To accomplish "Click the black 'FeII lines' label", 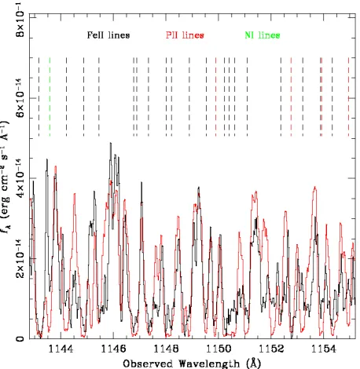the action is coord(108,35).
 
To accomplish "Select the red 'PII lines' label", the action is coord(185,35).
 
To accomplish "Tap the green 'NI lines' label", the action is coord(263,35).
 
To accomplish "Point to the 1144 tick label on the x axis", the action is coord(61,349).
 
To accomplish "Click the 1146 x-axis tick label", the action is coord(113,349).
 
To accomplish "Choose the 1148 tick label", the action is coord(166,349).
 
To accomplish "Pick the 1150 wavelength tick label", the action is coord(219,349).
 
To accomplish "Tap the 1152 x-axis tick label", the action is coord(271,349).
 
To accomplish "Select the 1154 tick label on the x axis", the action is coord(323,349).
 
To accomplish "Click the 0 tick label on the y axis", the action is coord(20,339).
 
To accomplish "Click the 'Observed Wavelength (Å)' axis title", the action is coord(192,364).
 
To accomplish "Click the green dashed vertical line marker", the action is coord(50,97).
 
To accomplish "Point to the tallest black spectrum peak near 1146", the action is coord(111,143).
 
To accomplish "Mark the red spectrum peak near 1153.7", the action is coord(315,188).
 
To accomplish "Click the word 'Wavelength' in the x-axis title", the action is coord(209,364).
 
